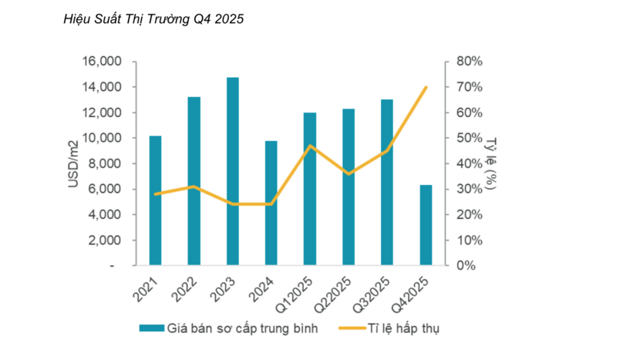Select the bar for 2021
[156, 200]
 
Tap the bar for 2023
[233, 171]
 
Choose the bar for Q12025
[310, 189]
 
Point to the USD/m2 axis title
[73, 163]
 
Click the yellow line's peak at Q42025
[426, 87]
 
